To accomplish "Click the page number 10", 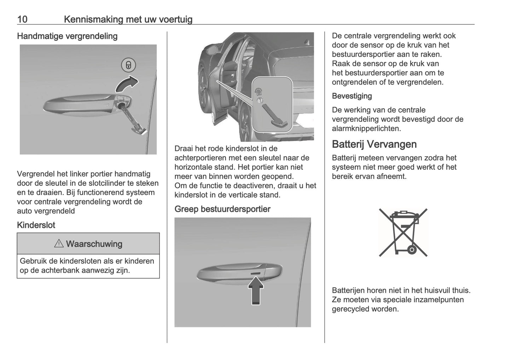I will point(22,19).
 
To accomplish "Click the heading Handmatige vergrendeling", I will point(67,36).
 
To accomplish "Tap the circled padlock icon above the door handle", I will point(128,65).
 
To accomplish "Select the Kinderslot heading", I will point(36,225).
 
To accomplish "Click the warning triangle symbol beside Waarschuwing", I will point(59,244).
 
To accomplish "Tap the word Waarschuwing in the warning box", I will point(94,244).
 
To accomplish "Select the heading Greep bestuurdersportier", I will point(222,209).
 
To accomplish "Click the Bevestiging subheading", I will point(352,96).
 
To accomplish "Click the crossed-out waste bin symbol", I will point(403,232).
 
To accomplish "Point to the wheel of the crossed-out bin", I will point(412,250).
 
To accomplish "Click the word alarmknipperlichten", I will point(366,128).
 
